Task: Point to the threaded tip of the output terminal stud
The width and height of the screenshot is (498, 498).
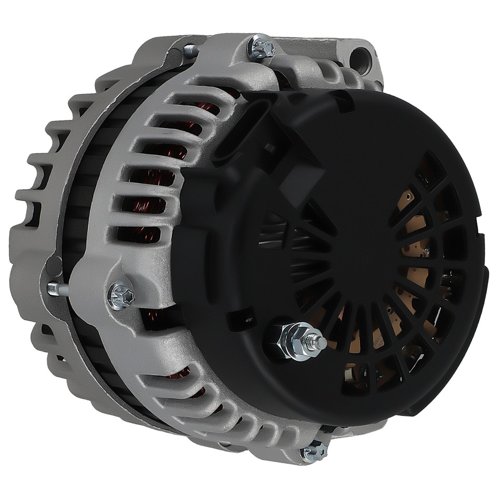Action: [x=321, y=343]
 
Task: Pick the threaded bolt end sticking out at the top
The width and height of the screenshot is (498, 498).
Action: [x=190, y=50]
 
